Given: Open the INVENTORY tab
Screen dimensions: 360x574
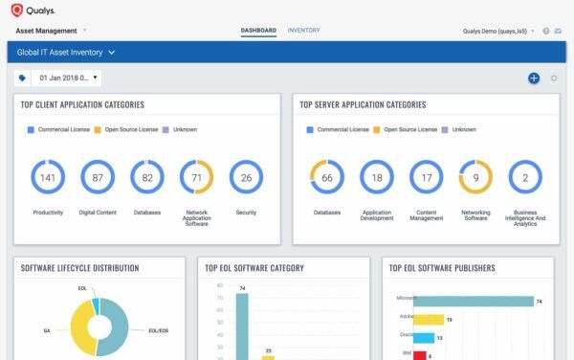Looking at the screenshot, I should (303, 31).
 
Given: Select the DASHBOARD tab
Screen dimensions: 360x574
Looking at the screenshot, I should (258, 31).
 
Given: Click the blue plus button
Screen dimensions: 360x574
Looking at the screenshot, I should (534, 78).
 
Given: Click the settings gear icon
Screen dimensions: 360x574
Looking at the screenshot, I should (554, 78).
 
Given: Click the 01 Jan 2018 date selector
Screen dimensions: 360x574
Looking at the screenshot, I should (64, 78).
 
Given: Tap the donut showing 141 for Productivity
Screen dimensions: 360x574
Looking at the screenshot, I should (47, 177).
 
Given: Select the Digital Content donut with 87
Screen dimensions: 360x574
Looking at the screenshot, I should (97, 177).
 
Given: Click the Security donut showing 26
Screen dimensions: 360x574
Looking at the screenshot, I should (246, 177).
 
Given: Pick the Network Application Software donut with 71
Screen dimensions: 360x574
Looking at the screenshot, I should (196, 177).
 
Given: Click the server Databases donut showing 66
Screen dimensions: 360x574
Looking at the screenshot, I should (326, 177).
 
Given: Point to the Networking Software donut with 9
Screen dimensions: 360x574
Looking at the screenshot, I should (475, 177).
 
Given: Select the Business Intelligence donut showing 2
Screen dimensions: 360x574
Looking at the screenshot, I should (525, 177).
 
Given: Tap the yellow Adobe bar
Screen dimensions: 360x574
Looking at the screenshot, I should (429, 319).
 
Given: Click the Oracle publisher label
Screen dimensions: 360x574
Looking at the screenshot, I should (407, 336).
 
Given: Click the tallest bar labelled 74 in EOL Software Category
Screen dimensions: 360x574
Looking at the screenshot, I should (242, 326).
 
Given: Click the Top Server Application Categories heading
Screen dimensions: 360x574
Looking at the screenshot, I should (363, 104).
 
